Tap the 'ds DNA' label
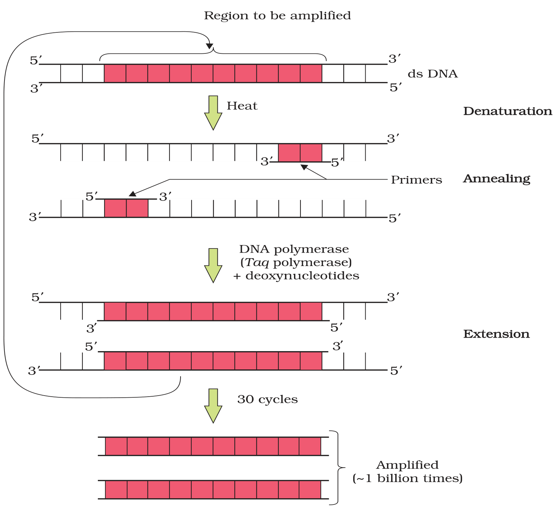click(432, 74)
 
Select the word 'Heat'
click(242, 106)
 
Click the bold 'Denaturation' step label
click(508, 111)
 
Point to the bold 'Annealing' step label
click(497, 179)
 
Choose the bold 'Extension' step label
click(496, 334)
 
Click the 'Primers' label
click(416, 180)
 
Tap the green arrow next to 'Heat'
click(213, 113)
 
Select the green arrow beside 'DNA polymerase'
click(213, 265)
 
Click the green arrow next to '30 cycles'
click(213, 406)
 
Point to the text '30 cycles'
click(267, 399)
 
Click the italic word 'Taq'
click(257, 263)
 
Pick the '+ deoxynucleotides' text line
click(296, 276)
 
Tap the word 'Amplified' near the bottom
click(407, 465)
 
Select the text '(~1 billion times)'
click(407, 478)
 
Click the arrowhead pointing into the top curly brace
click(210, 46)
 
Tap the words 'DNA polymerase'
click(294, 249)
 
